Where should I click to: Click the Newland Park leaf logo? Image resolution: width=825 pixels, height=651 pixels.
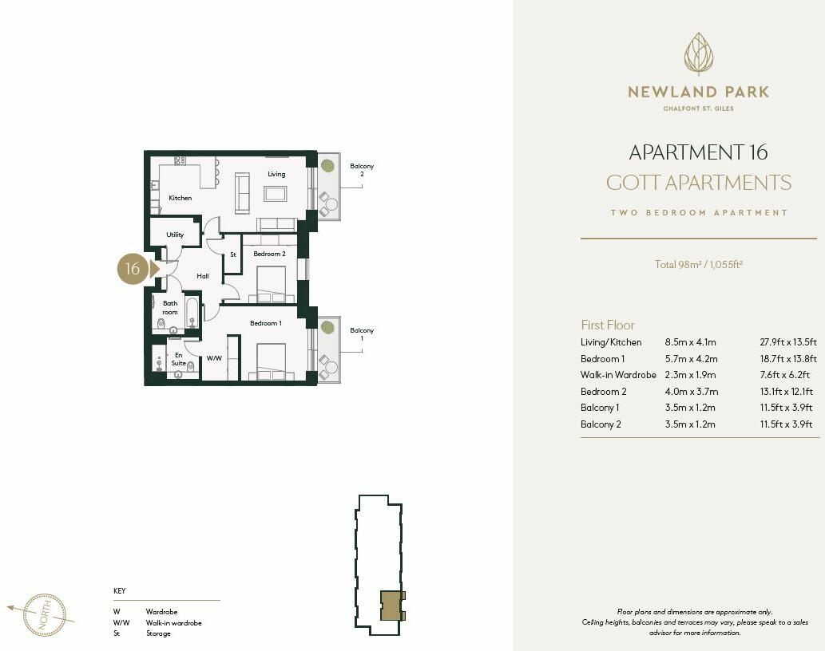698,54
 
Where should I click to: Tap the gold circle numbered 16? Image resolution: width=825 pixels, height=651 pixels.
133,269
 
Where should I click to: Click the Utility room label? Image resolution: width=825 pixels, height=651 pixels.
175,235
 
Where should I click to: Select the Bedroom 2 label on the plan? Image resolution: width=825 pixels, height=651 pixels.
269,254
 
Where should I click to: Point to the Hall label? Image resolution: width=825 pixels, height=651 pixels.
203,276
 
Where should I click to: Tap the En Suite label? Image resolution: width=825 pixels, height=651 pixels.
178,359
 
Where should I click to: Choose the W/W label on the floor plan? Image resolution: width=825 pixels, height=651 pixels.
214,359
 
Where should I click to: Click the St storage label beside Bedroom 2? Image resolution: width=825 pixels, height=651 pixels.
233,254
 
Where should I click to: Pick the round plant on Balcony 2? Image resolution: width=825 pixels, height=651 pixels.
327,166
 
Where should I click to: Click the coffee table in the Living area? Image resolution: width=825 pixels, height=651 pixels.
276,193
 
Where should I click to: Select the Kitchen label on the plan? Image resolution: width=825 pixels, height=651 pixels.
180,198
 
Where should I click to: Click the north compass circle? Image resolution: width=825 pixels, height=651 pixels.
45,614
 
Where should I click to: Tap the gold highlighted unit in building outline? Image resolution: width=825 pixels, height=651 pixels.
391,606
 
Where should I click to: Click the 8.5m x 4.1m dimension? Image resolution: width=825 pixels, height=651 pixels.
692,342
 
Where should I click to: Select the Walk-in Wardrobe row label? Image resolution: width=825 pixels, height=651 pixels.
618,375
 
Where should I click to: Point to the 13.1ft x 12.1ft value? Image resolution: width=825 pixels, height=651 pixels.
786,392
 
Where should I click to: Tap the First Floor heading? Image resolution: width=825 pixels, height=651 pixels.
608,325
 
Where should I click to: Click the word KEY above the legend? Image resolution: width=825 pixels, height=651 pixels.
120,591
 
